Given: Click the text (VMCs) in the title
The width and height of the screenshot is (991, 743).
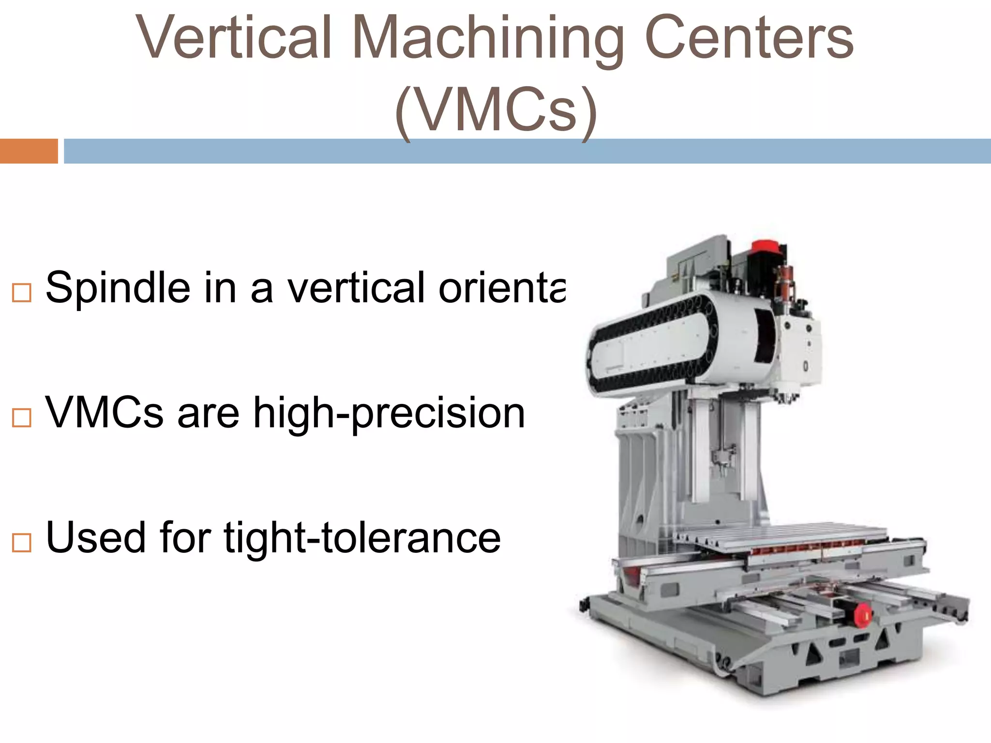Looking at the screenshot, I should point(495,110).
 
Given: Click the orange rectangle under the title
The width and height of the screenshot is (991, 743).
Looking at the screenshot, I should point(29,151).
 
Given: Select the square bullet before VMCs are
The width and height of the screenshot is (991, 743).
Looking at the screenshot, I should point(22,417).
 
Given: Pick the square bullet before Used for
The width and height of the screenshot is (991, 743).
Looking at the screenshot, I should point(22,543).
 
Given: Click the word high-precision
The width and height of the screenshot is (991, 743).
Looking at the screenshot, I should point(389,414).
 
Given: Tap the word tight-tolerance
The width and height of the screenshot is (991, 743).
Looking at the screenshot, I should point(362,538).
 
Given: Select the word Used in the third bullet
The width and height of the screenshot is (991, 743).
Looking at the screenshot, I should point(95,538).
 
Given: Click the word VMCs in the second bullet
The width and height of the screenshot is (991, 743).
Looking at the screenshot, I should point(105,414).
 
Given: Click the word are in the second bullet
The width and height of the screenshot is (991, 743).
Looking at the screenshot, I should point(209,414).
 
